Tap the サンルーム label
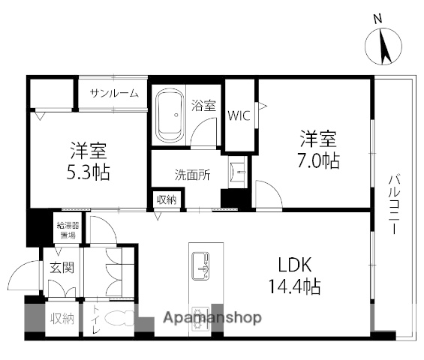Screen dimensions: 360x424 [114, 94]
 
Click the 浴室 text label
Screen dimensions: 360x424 [203, 105]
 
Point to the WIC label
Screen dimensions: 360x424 [239, 115]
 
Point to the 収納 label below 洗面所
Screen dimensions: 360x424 [167, 199]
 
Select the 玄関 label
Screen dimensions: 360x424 [62, 268]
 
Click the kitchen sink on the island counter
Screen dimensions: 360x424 [200, 264]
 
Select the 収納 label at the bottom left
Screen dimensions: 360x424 [62, 319]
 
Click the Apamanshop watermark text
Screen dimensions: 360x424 [212, 317]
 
